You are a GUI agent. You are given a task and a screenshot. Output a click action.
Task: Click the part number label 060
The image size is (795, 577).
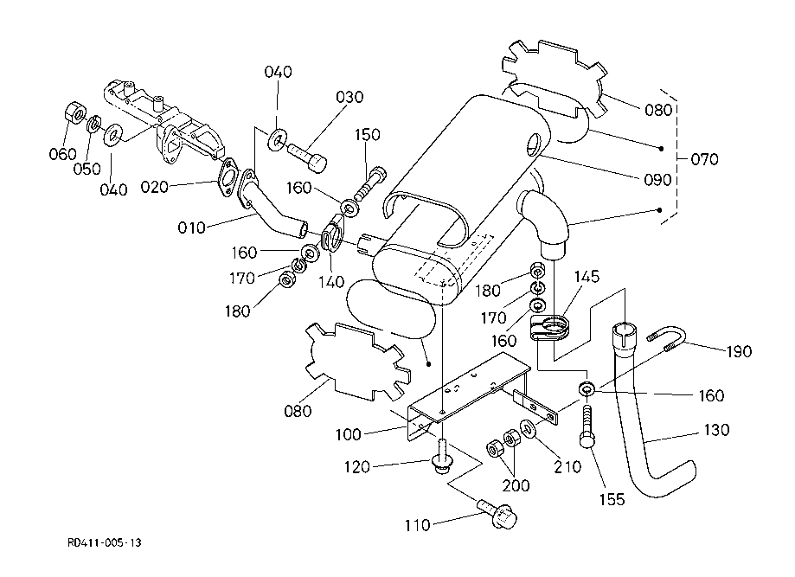pyautogui.click(x=63, y=154)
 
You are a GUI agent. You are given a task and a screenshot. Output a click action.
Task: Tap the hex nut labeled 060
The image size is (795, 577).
pyautogui.click(x=75, y=113)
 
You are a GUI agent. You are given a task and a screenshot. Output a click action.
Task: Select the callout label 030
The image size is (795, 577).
pyautogui.click(x=349, y=97)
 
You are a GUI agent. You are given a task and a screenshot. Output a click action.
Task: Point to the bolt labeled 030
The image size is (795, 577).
pyautogui.click(x=306, y=156)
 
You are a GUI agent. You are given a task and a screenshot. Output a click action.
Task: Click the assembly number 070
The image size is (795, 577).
pyautogui.click(x=705, y=159)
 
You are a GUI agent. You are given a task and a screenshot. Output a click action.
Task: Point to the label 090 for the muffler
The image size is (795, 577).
pyautogui.click(x=657, y=180)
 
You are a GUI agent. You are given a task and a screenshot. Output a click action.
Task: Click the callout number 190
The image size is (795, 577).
pyautogui.click(x=739, y=352)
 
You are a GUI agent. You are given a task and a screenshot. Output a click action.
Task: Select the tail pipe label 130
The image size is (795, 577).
pyautogui.click(x=717, y=430)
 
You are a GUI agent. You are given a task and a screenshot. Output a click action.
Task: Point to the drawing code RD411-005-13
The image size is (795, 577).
pyautogui.click(x=104, y=543)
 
